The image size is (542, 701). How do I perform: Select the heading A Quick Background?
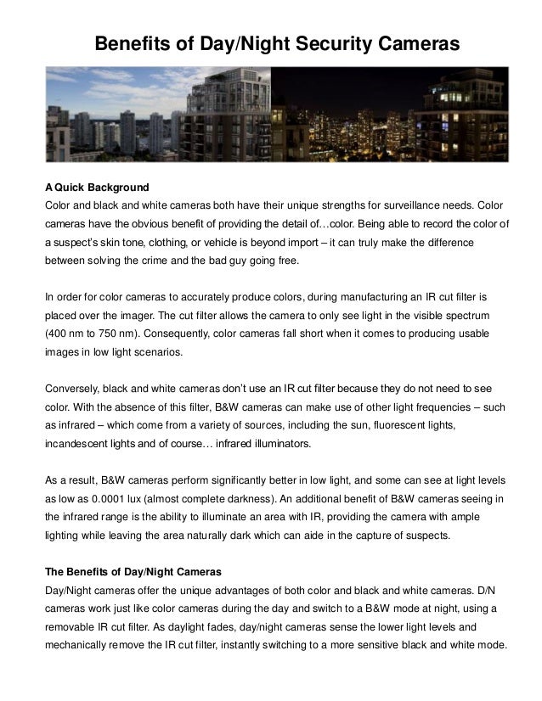tap(97, 187)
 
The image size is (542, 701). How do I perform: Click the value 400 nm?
tap(70, 334)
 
